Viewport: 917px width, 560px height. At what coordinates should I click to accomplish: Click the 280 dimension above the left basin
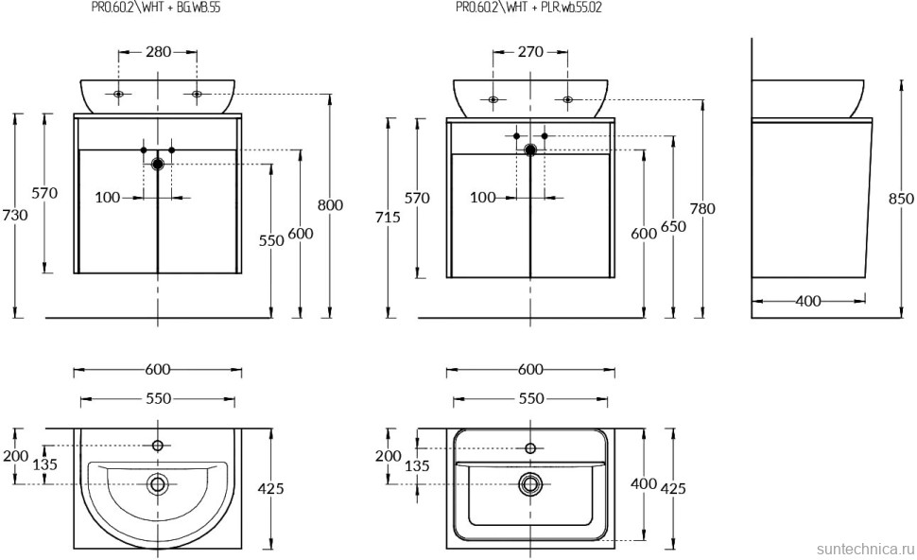click(x=158, y=52)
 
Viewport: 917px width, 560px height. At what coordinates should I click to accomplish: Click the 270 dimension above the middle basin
click(x=530, y=52)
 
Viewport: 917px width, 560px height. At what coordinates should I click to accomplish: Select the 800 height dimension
click(x=331, y=205)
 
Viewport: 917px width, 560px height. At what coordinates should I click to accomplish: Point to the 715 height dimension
click(x=388, y=218)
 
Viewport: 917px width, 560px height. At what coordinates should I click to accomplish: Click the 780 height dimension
click(x=702, y=209)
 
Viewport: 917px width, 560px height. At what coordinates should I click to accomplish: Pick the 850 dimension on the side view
click(x=901, y=199)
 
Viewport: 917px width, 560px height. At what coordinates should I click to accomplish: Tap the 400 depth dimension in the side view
click(x=808, y=302)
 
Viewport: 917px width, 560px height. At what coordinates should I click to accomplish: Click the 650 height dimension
click(x=673, y=226)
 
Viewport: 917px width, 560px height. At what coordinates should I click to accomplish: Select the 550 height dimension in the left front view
click(x=271, y=240)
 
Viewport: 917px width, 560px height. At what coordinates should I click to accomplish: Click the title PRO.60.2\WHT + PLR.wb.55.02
click(x=528, y=9)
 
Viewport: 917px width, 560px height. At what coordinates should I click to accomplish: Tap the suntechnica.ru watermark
click(x=865, y=550)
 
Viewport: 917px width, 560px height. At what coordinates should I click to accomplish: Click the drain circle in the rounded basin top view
click(x=157, y=484)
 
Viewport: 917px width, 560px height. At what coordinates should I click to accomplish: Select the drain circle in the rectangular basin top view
click(x=530, y=484)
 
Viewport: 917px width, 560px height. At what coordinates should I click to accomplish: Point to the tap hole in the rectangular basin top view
click(x=530, y=448)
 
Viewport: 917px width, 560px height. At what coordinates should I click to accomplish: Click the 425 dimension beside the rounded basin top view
click(x=271, y=488)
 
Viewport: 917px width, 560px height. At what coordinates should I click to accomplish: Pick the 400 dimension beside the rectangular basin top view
click(x=643, y=484)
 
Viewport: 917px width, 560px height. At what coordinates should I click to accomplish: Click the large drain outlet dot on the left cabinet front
click(x=158, y=165)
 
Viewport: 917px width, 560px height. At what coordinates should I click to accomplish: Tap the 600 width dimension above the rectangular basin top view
click(x=530, y=370)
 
